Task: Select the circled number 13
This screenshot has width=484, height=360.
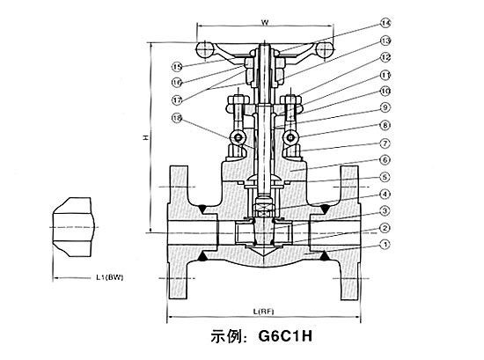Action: pos(385,40)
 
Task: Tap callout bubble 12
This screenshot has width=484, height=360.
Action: pos(385,59)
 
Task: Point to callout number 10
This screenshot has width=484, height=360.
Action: pos(385,91)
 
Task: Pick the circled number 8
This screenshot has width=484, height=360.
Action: pos(385,125)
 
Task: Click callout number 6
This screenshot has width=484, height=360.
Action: pos(385,159)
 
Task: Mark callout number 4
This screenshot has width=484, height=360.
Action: pos(385,194)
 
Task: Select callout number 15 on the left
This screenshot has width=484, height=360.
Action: pos(177,66)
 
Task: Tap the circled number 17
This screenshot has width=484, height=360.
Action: pos(177,99)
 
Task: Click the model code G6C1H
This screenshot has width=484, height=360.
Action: pos(290,336)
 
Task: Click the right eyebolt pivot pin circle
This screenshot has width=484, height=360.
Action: pos(295,138)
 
